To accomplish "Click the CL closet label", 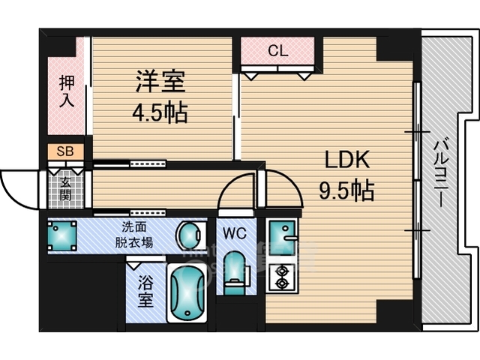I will click(277, 52).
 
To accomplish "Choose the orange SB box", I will click(66, 152).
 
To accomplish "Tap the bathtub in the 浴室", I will click(185, 294).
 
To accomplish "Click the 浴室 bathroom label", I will click(144, 292).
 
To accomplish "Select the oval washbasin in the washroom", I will click(187, 236).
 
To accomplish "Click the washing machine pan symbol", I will click(61, 235).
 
